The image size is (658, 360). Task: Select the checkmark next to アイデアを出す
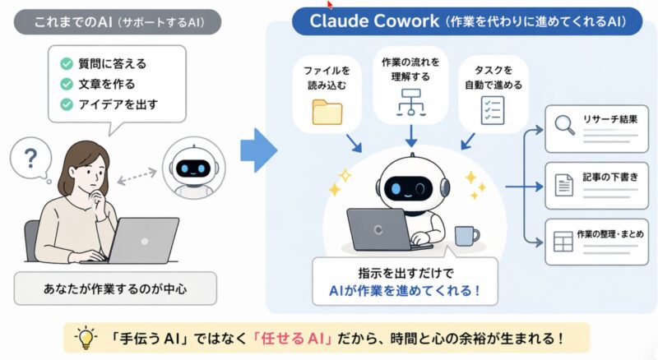coord(67,104)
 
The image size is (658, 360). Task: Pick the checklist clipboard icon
coord(492,109)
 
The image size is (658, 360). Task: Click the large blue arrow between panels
coord(257,150)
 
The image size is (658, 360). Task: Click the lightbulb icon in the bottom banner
coord(85,337)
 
